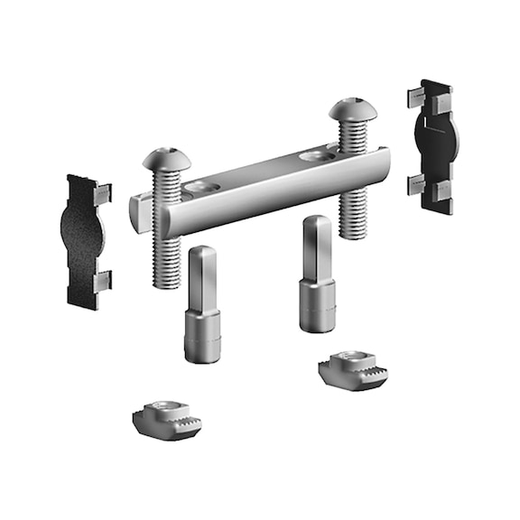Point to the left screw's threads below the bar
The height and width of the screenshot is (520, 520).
pos(163,262)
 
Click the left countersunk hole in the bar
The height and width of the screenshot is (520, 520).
pos(201,190)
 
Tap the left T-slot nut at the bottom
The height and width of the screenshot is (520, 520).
pos(162,420)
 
